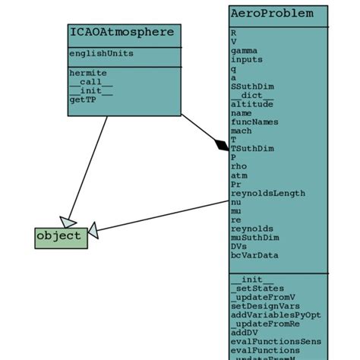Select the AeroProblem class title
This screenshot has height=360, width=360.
click(270, 14)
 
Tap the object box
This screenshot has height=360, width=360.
click(60, 236)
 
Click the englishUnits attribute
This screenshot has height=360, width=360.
click(101, 54)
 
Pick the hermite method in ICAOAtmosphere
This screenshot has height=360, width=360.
click(88, 73)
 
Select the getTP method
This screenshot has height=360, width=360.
click(83, 99)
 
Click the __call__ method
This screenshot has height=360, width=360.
click(91, 82)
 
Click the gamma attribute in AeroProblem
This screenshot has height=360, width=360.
click(245, 49)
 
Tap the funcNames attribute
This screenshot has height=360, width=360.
click(254, 122)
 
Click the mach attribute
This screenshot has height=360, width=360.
click(241, 131)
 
